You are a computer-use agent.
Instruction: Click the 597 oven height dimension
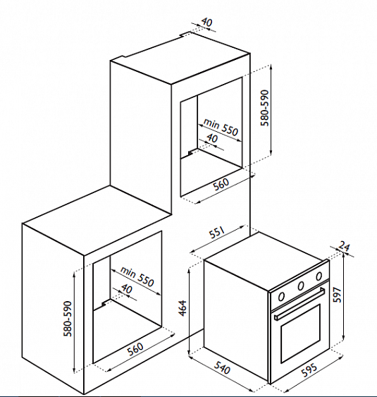point(338,295)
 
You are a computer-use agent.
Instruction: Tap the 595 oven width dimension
point(309,371)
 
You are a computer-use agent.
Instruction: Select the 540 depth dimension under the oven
point(223,367)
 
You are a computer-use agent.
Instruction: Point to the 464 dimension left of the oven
point(183,308)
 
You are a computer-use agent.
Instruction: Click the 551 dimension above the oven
point(217,233)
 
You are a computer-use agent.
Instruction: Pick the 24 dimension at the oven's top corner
point(344,246)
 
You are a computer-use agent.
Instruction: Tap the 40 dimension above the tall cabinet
point(206,23)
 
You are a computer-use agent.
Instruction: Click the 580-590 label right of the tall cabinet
point(265,108)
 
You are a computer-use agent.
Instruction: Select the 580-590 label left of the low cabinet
point(68,319)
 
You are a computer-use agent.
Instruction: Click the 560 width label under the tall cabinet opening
point(221,184)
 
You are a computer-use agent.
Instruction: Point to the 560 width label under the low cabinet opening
point(135,349)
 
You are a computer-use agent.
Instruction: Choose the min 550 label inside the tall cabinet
point(221,127)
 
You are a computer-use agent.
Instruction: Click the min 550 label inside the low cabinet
point(137,276)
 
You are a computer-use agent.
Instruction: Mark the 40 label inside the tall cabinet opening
point(212,138)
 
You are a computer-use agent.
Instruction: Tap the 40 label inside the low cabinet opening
point(127,288)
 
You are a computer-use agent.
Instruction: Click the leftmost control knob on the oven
point(281,296)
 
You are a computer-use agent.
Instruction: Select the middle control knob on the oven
point(301,286)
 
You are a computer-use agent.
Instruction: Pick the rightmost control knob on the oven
point(319,276)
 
